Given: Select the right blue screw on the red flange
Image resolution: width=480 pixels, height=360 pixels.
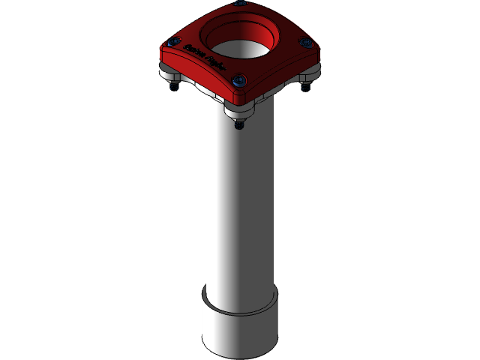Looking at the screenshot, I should pos(304,41).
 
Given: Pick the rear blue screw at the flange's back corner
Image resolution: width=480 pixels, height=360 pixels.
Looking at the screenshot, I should pos(239,2).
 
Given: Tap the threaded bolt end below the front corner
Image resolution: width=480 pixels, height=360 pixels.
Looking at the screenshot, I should pos(238,125).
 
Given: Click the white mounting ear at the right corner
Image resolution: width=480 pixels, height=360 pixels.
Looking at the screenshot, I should pos(310,74).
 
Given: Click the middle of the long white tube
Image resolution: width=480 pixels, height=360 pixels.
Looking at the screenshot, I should pos(240,202).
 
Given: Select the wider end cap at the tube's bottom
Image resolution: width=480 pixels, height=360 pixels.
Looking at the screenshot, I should pos(240,330).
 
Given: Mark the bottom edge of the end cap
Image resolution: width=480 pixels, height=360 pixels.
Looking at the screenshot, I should pos(240,355).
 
